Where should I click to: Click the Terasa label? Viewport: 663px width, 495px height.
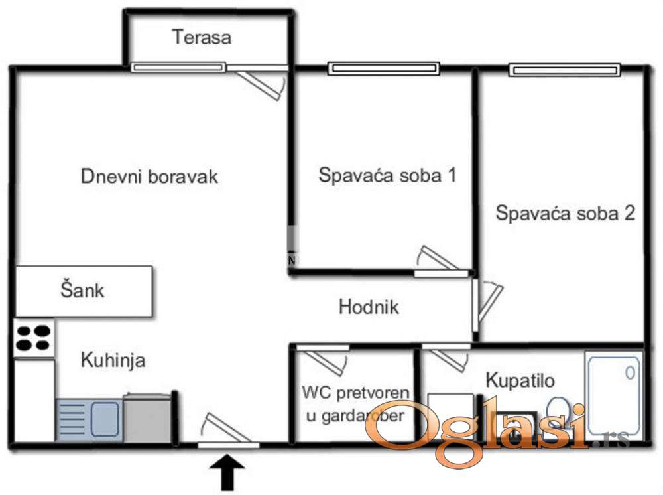coord(202,36)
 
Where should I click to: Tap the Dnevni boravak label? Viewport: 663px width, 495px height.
coord(150,177)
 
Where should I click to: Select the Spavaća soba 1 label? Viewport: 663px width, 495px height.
coord(388,176)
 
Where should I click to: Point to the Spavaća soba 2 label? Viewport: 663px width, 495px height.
coord(566,213)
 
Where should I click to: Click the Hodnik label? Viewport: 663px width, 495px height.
coord(369,307)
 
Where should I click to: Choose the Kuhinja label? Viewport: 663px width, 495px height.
coord(113,361)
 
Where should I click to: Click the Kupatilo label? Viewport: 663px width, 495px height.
coord(520,380)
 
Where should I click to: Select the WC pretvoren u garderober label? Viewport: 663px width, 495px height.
coord(355,404)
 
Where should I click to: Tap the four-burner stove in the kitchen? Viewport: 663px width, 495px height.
coord(34,338)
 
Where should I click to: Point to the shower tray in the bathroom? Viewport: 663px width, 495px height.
coord(614,394)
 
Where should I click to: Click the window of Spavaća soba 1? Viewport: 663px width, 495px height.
coord(384,68)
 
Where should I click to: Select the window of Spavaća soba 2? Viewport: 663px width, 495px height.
coord(564,69)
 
